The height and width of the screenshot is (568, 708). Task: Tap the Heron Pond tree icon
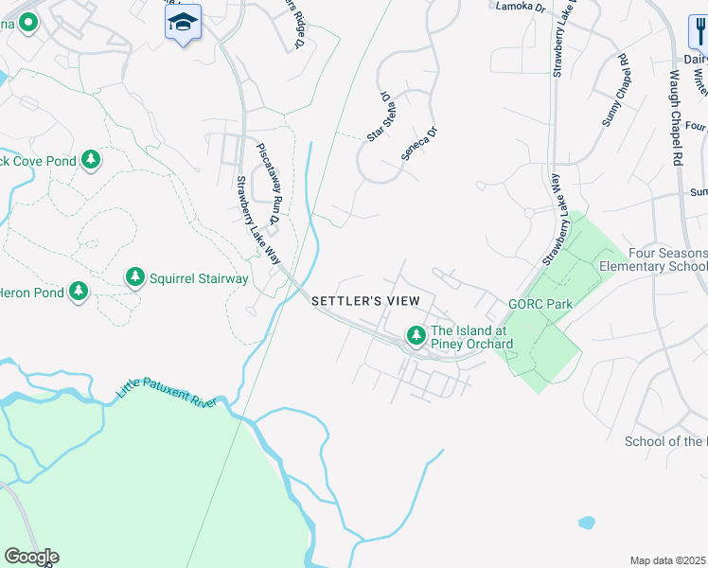79,292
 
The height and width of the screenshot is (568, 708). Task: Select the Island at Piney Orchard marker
416,335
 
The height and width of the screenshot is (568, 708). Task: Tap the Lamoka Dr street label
522,7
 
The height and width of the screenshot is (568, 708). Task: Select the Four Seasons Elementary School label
653,260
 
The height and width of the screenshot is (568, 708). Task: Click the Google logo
31,557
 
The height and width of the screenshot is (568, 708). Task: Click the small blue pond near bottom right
587,522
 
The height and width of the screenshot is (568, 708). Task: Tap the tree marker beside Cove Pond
91,160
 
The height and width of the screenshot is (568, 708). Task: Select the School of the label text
665,442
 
